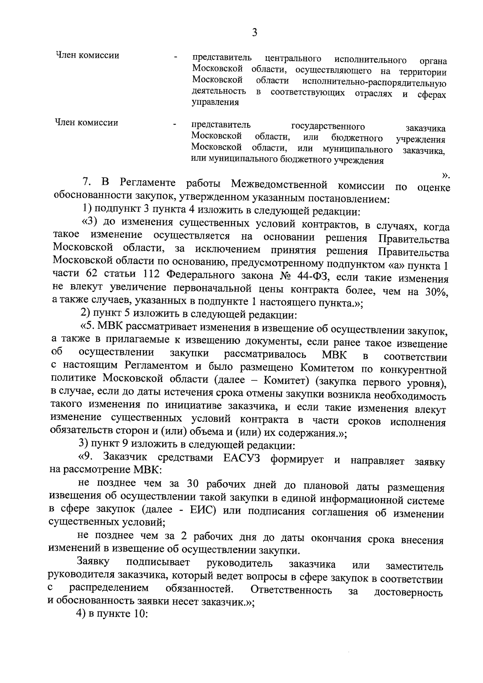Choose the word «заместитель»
415,567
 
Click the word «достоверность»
409,592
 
